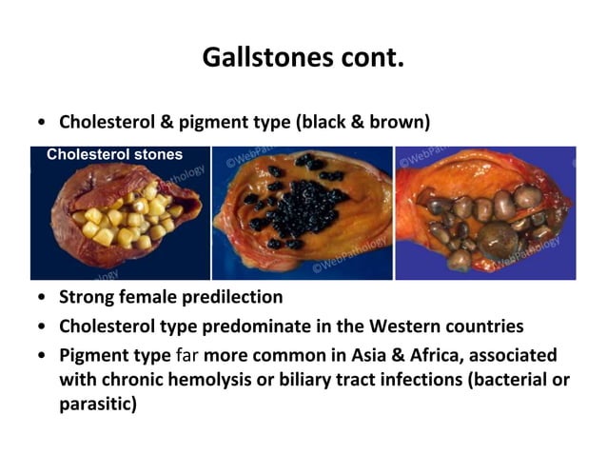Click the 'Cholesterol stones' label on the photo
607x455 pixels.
[x=114, y=154]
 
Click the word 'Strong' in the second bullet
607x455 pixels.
[x=88, y=297]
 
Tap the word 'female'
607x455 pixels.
[x=153, y=297]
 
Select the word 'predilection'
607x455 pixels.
[x=236, y=297]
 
